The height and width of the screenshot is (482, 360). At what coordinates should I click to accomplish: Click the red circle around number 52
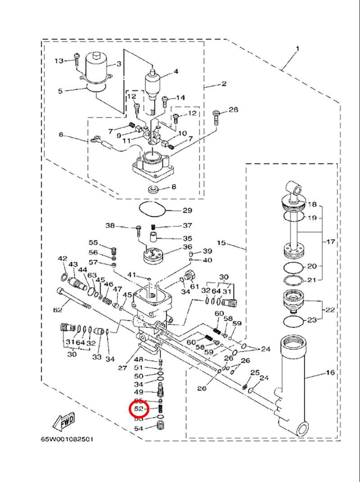pos(139,409)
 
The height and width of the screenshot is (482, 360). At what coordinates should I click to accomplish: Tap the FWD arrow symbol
pos(64,421)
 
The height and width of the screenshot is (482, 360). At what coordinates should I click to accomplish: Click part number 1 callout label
pos(297,48)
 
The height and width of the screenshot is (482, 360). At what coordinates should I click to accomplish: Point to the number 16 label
pos(330,373)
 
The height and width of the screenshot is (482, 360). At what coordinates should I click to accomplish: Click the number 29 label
pos(187,210)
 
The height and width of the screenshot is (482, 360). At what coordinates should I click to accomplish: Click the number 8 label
pos(174,186)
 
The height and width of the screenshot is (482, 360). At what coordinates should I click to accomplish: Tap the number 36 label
pos(187,247)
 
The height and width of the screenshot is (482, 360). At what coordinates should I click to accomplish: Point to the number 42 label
pos(62,259)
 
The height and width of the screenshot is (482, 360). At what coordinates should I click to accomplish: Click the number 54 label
pos(139,428)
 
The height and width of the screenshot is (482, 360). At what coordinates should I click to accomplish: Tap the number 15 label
pos(221,243)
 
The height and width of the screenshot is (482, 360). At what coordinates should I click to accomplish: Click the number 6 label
pos(62,135)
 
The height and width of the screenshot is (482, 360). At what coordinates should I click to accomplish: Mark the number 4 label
pos(176,72)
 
